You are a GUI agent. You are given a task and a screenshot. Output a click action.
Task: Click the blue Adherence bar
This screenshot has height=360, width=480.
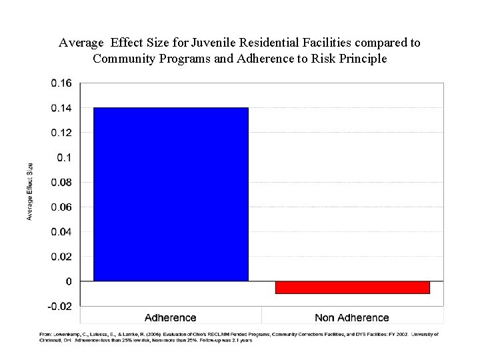pyautogui.click(x=171, y=194)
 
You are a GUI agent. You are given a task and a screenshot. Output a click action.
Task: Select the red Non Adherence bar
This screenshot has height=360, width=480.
pyautogui.click(x=352, y=287)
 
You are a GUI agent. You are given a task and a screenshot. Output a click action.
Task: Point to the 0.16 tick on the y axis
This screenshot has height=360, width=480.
pyautogui.click(x=61, y=83)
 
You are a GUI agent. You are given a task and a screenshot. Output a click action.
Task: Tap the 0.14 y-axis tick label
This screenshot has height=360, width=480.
pyautogui.click(x=61, y=108)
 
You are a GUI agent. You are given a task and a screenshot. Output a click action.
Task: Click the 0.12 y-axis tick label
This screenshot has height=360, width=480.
pyautogui.click(x=61, y=133)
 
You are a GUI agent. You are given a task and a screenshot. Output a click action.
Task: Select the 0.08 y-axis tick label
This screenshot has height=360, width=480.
pyautogui.click(x=61, y=183)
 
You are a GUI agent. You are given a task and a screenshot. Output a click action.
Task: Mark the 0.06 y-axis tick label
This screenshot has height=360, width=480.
pyautogui.click(x=61, y=207)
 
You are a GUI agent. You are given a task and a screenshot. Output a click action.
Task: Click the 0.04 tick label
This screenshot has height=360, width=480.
pyautogui.click(x=61, y=232)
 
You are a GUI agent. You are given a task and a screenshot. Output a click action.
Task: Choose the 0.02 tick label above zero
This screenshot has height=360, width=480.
pyautogui.click(x=61, y=257)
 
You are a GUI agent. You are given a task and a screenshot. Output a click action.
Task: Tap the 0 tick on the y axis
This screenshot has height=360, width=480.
pyautogui.click(x=69, y=282)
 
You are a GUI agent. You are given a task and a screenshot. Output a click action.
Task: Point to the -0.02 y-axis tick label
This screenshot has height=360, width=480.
pyautogui.click(x=60, y=307)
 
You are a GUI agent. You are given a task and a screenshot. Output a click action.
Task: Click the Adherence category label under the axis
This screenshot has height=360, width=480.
pyautogui.click(x=171, y=317)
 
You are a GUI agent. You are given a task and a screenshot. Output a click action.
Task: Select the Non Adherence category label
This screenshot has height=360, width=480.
pyautogui.click(x=352, y=317)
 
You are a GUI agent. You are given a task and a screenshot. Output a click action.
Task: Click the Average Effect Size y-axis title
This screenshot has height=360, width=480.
pyautogui.click(x=30, y=191)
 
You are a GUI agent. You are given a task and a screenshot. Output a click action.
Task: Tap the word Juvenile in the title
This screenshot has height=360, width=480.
pyautogui.click(x=213, y=43)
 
